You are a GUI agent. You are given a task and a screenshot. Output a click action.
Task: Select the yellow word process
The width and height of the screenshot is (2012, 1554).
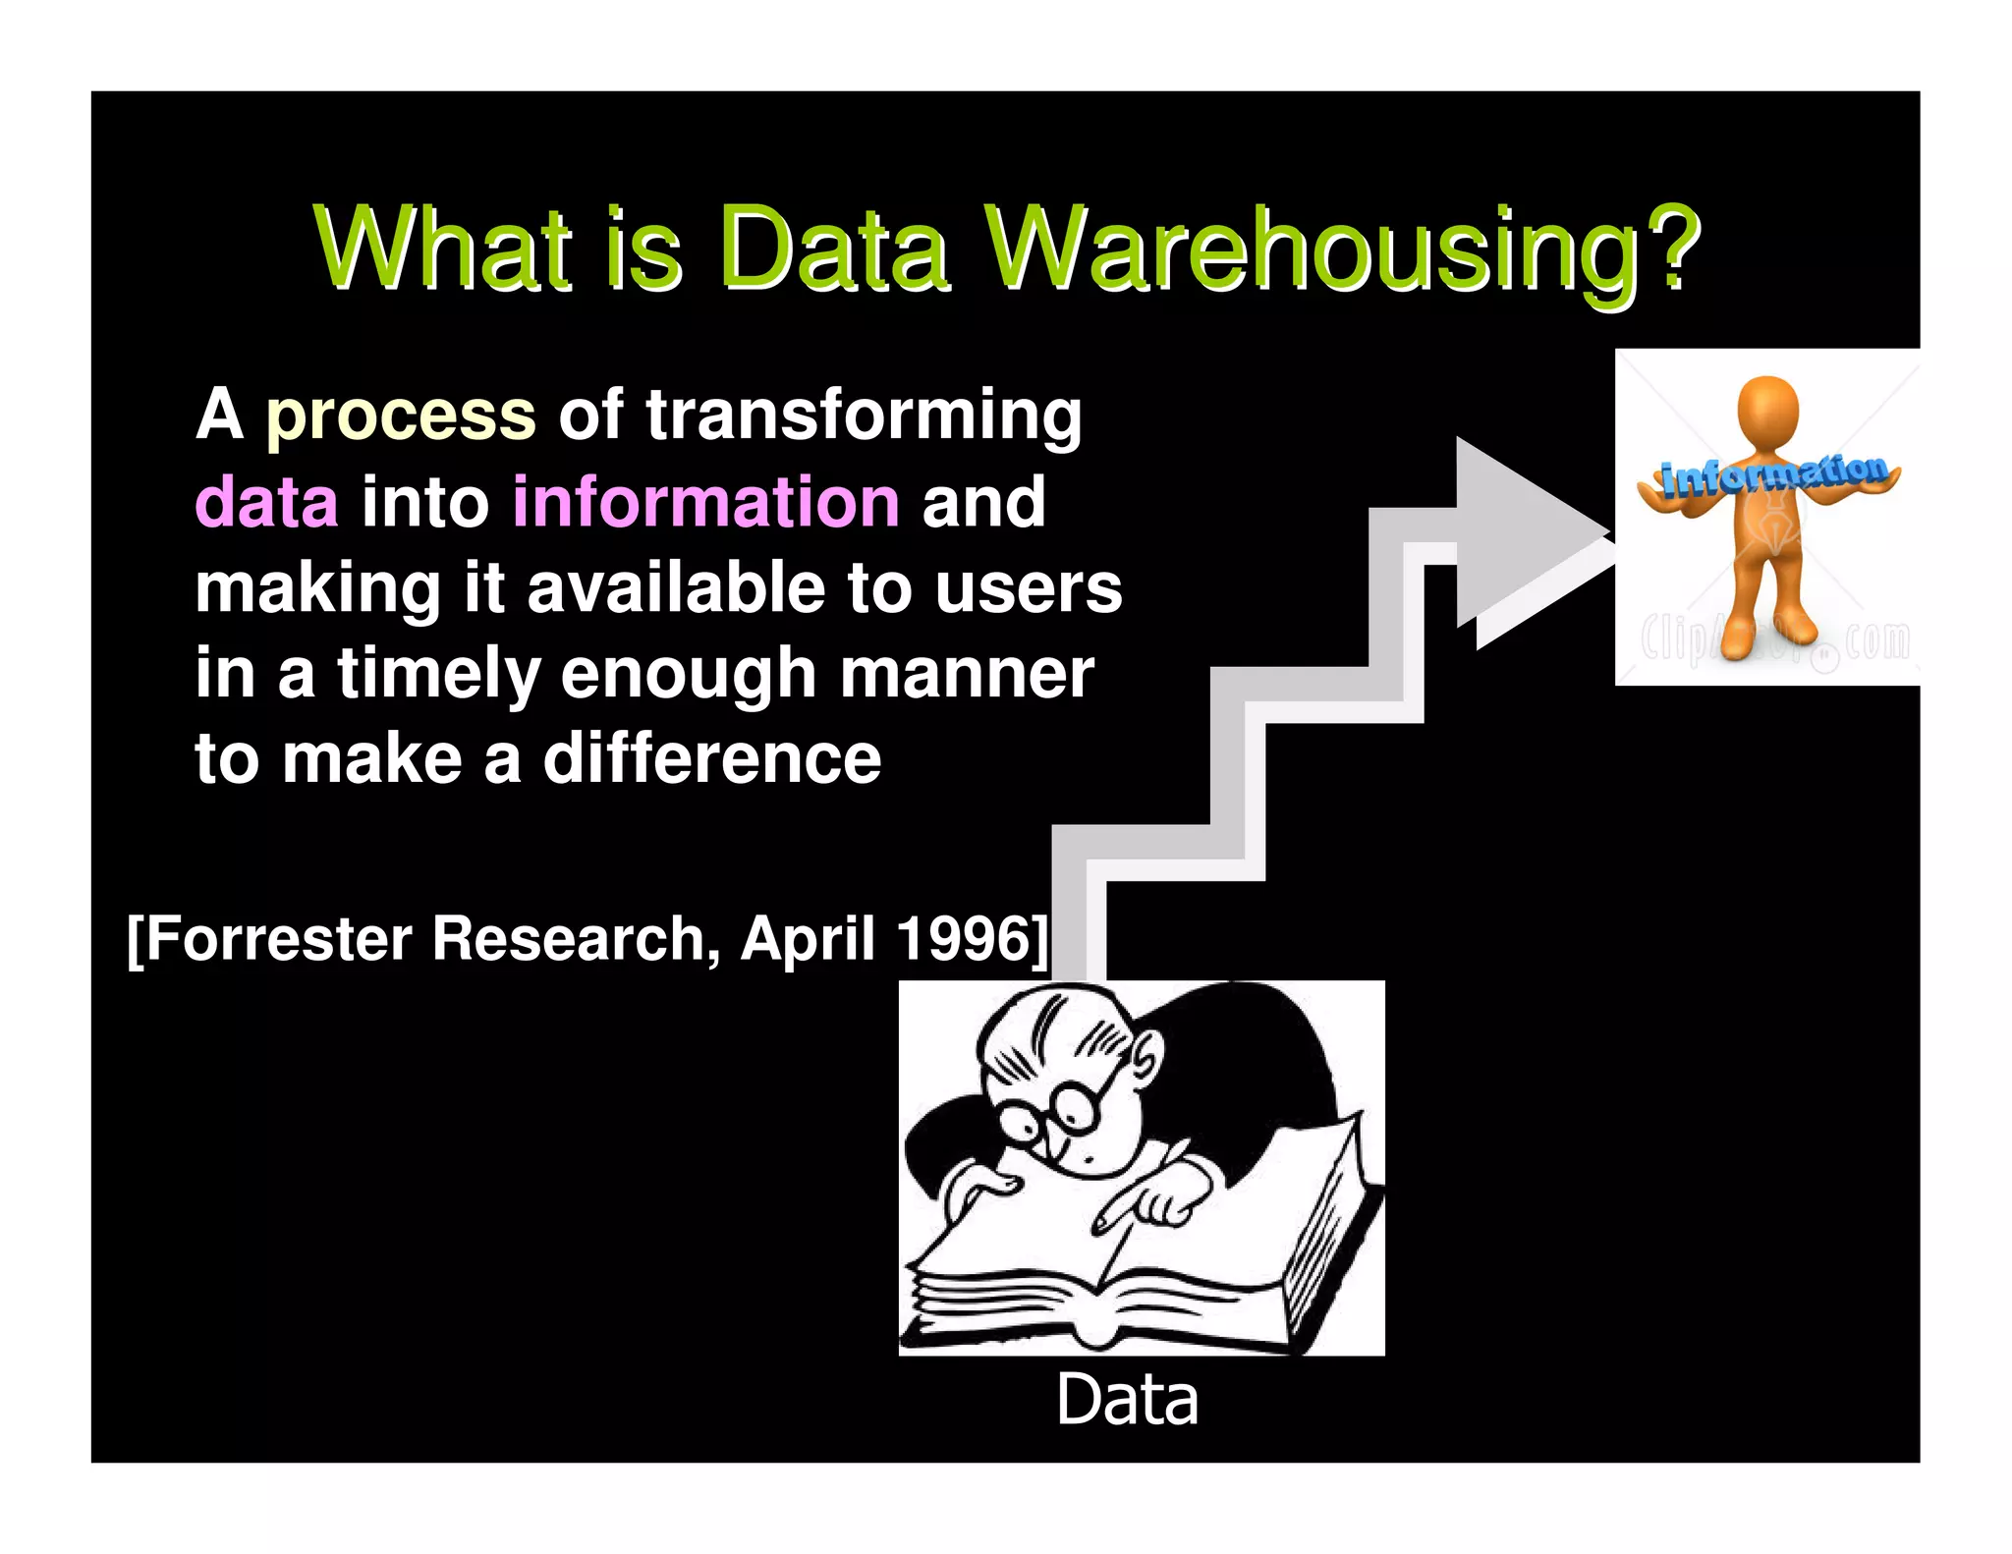pyautogui.click(x=401, y=416)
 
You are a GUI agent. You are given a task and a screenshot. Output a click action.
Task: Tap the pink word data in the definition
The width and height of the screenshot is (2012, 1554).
pyautogui.click(x=266, y=502)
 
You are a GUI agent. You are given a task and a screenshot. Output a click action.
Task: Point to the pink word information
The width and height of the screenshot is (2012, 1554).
pyautogui.click(x=705, y=502)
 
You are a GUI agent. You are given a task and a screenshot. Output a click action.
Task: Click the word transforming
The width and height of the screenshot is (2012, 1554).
pyautogui.click(x=864, y=416)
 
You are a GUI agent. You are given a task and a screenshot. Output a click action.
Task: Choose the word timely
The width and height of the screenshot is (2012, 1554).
pyautogui.click(x=438, y=675)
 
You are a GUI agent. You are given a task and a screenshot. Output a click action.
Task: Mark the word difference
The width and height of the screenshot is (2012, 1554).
pyautogui.click(x=712, y=759)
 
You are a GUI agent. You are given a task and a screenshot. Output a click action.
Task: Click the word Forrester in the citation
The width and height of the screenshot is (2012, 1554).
pyautogui.click(x=280, y=939)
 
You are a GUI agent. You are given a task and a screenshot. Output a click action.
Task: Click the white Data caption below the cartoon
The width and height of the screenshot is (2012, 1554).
pyautogui.click(x=1127, y=1401)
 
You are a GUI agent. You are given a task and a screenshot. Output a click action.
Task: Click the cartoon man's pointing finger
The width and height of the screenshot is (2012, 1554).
pyautogui.click(x=1115, y=1218)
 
